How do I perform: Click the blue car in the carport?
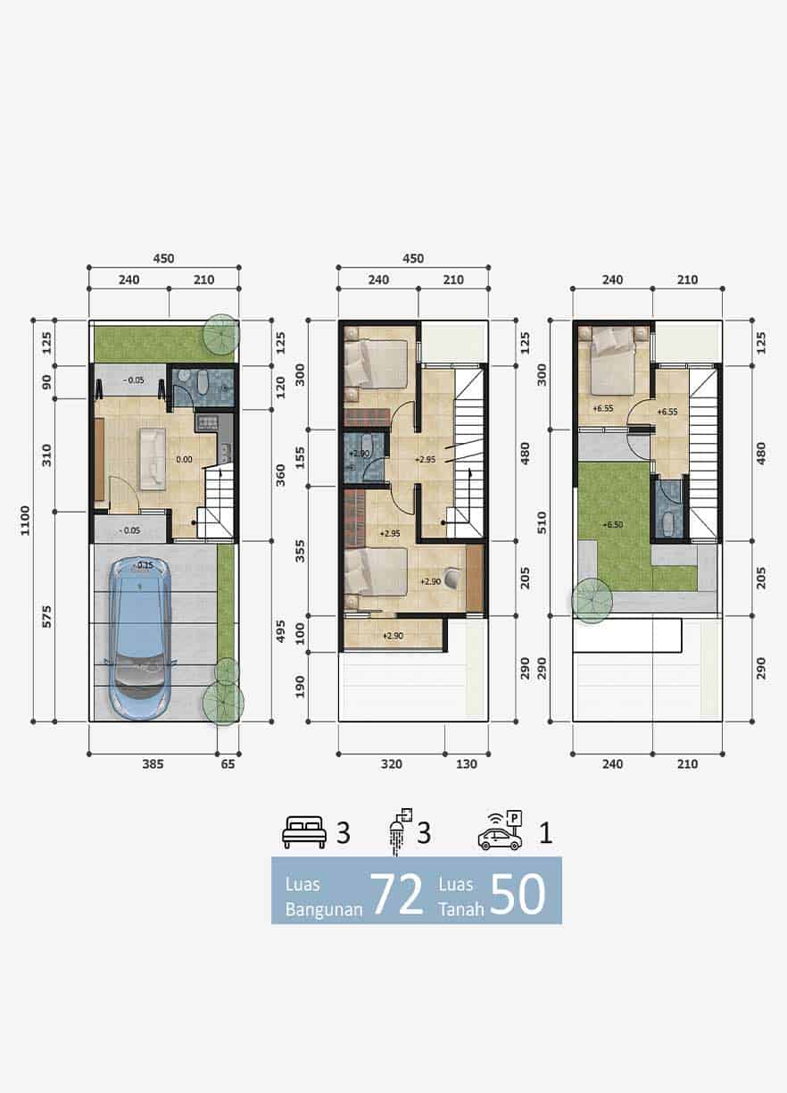pos(140,638)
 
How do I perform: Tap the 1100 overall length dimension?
pos(25,520)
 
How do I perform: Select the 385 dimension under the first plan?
pos(153,764)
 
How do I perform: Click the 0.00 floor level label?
pos(185,459)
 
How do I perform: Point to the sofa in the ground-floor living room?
pos(153,459)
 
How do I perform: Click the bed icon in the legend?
pos(304,832)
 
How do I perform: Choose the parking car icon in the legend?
pos(501,831)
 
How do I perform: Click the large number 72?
pos(397,894)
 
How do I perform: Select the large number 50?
pos(518,894)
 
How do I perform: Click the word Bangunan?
pos(324,909)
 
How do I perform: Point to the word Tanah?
pos(461,908)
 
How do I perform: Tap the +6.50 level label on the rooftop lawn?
pos(612,524)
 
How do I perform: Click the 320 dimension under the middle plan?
pos(392,764)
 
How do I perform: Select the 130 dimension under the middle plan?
pos(467,764)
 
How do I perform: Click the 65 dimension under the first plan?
pos(228,764)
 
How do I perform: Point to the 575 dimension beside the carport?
pos(46,616)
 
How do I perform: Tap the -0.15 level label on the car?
pos(144,565)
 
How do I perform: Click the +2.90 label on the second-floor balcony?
pos(393,636)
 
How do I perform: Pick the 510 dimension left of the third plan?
pos(542,522)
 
